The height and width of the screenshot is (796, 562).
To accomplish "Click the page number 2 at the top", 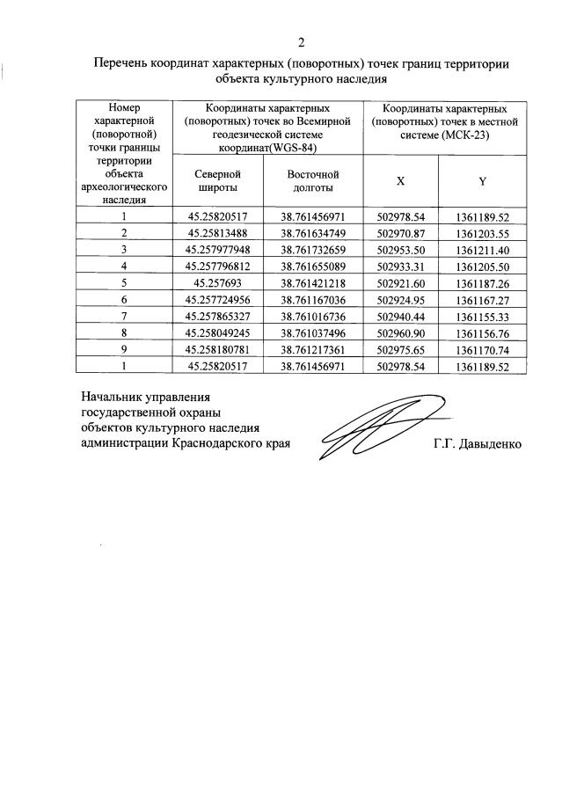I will coord(301,42).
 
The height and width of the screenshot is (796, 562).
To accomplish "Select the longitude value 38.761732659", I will coord(313,249).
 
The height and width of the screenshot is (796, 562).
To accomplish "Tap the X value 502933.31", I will coord(400,266).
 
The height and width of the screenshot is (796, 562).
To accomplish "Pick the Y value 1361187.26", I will coord(483,282).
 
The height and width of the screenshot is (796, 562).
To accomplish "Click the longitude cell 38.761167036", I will coord(313,299).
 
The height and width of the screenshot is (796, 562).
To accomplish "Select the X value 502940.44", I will coord(400,316).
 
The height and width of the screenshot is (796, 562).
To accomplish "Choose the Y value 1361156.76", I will coord(483,332).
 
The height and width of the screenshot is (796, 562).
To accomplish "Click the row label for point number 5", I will coord(124,282).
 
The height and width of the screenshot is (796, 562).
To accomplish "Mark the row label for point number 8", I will coord(124,332).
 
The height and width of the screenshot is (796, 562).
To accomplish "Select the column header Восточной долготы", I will coord(313,181).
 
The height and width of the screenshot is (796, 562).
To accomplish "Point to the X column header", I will coord(400,181).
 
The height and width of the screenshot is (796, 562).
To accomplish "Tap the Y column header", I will coord(483,181).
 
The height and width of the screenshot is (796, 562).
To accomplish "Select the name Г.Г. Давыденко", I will coord(477,444).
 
